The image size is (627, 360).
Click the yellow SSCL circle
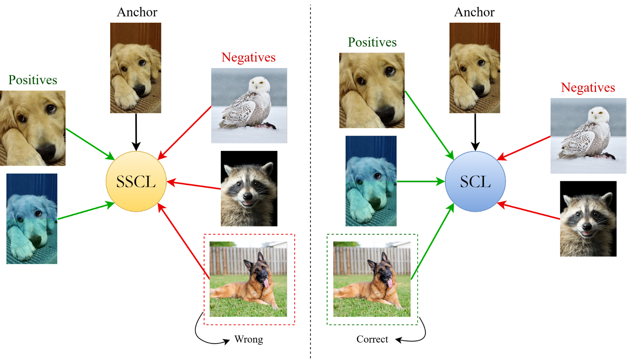tap(136, 181)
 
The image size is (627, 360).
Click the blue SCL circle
tap(475, 181)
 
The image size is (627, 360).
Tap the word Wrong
tap(248, 339)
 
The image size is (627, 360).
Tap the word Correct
tap(372, 339)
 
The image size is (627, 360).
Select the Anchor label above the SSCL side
tap(137, 12)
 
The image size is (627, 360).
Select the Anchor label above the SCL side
tap(475, 12)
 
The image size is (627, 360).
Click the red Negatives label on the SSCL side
tap(248, 57)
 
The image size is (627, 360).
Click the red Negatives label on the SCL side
tap(588, 88)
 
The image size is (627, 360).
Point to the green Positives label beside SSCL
tap(33, 80)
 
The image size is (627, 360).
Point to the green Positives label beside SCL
tap(372, 42)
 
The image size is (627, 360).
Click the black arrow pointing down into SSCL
tap(136, 132)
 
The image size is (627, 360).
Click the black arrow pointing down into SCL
tap(475, 132)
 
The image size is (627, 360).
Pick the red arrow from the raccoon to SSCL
tap(194, 185)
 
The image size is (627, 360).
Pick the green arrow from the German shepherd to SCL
tap(433, 241)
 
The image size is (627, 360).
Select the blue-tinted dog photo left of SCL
tap(371, 181)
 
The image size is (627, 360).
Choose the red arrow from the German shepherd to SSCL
tap(184, 241)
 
